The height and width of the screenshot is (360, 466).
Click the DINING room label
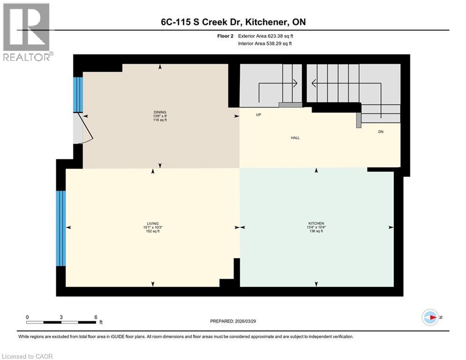coord(160,112)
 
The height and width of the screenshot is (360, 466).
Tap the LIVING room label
coord(153,223)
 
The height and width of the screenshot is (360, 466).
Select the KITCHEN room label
coord(316,223)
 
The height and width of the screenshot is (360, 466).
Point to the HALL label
coord(295,138)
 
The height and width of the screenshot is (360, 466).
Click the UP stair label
coord(258,114)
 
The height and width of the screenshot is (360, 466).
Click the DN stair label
coord(381,132)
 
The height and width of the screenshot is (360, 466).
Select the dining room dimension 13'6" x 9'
coord(160,116)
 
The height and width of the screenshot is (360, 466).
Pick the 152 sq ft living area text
coord(153,232)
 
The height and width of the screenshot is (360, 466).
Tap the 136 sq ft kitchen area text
coord(316,232)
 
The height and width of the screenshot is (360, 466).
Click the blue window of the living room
coord(60,228)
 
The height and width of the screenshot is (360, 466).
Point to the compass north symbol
coord(430,317)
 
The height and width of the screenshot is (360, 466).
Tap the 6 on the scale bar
coord(96,317)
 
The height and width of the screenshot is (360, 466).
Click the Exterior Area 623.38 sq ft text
coord(267,36)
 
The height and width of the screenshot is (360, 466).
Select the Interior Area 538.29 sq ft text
coord(267,44)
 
